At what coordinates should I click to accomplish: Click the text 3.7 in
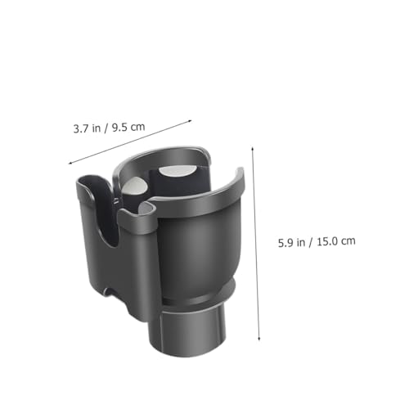87,128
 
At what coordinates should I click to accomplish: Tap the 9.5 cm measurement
128,127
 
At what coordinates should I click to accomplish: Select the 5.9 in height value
291,242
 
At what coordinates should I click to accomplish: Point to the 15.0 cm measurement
336,241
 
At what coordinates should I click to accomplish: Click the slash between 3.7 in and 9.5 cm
106,128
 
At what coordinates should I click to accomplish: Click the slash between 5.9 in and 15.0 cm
311,242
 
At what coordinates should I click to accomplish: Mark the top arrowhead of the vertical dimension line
253,149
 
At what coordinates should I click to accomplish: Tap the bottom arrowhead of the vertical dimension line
259,339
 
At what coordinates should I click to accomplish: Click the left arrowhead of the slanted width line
70,164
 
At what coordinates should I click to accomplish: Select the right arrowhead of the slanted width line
190,121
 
